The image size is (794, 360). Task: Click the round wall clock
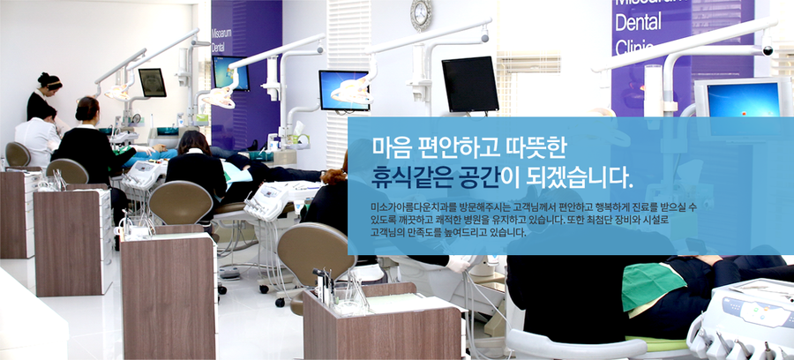pos(421,15)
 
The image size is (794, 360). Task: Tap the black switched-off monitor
pos(469,84)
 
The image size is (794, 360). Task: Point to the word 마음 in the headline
pos(390,146)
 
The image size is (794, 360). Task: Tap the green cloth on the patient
pos(653,286)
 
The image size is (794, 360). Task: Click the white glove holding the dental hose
pos(460,264)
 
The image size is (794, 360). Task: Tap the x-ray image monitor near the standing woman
pos(152,82)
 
